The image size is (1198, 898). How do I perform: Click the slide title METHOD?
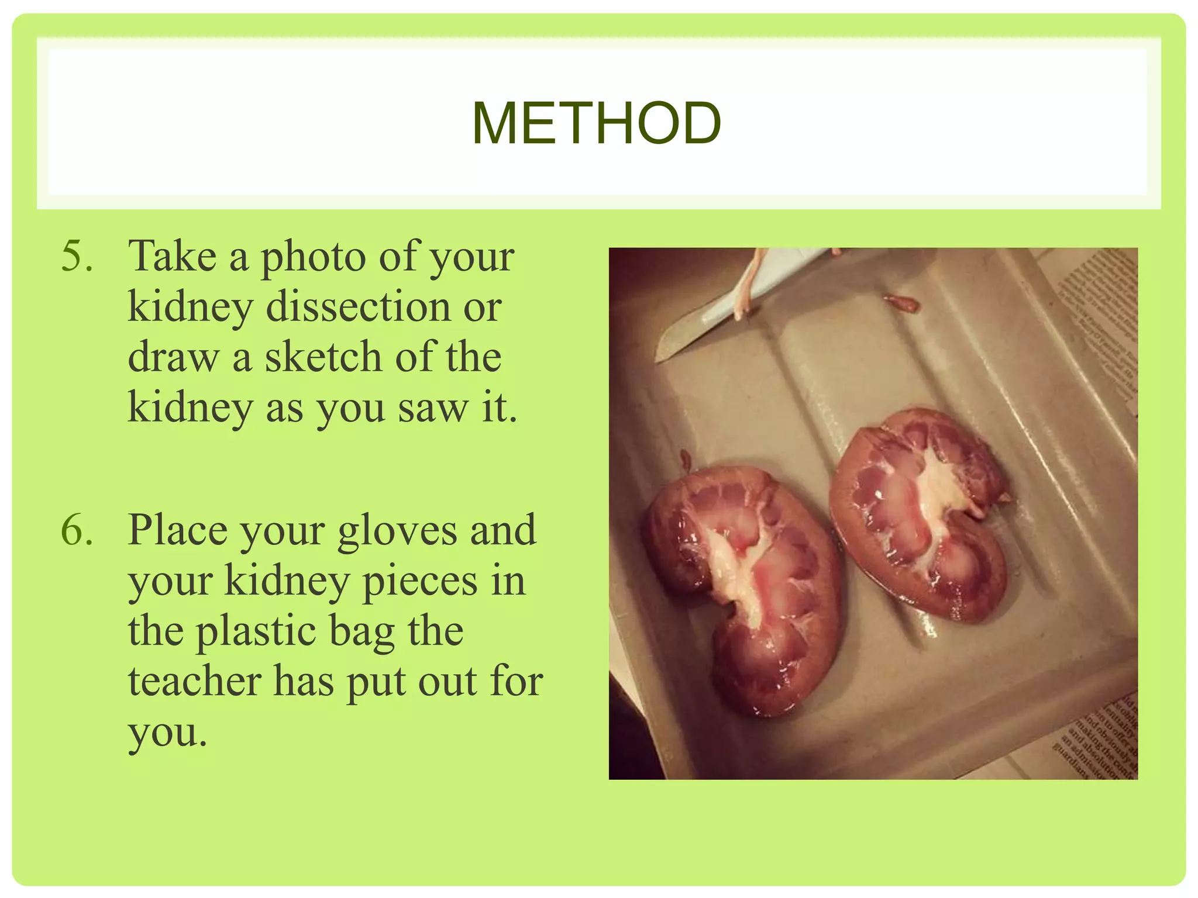[597, 123]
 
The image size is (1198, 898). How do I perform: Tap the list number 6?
[77, 530]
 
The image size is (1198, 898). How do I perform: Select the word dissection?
[358, 306]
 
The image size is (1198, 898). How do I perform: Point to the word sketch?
[323, 357]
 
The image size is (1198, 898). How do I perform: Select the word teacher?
[194, 682]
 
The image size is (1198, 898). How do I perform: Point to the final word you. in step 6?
[168, 733]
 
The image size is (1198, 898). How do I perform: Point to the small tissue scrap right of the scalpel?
[901, 302]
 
